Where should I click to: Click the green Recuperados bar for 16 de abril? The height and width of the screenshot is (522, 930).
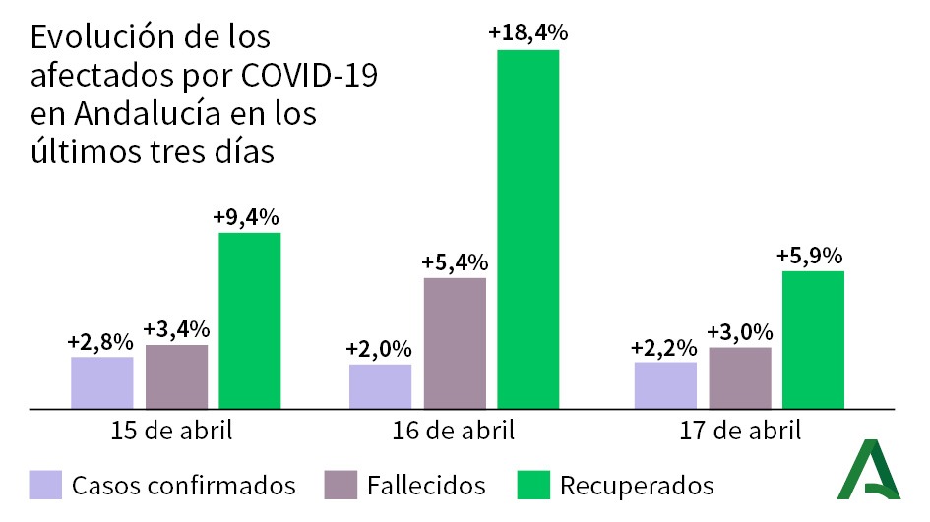pyautogui.click(x=527, y=227)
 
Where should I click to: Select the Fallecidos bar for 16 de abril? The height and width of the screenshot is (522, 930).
pyautogui.click(x=455, y=342)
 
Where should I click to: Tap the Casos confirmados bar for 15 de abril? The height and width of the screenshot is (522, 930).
pyautogui.click(x=101, y=382)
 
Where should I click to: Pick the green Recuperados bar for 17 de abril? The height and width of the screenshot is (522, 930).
pyautogui.click(x=813, y=339)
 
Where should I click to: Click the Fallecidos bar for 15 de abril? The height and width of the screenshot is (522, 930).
pyautogui.click(x=176, y=376)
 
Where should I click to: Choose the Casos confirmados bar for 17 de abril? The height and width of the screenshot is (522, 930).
pyautogui.click(x=665, y=384)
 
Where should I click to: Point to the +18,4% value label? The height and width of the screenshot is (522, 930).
pyautogui.click(x=527, y=32)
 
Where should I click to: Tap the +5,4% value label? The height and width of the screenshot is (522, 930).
pyautogui.click(x=455, y=262)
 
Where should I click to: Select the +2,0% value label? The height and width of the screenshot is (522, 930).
pyautogui.click(x=379, y=349)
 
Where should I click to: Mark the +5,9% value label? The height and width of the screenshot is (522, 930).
pyautogui.click(x=813, y=256)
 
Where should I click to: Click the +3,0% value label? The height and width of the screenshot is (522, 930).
pyautogui.click(x=740, y=331)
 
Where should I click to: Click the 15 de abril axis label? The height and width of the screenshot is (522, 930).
pyautogui.click(x=174, y=431)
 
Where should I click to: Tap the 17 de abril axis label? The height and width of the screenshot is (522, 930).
pyautogui.click(x=739, y=431)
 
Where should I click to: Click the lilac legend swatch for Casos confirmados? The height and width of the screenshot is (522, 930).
pyautogui.click(x=45, y=484)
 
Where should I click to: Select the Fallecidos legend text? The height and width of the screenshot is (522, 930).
pyautogui.click(x=426, y=485)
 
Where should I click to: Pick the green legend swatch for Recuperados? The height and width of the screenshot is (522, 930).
pyautogui.click(x=531, y=484)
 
